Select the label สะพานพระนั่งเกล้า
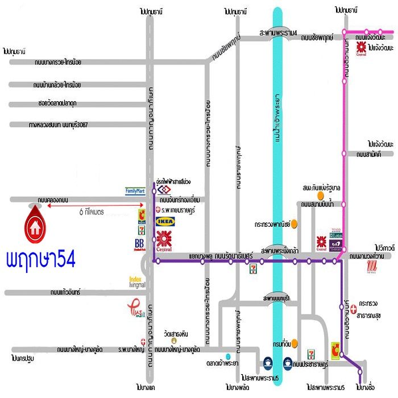(x=285, y=250)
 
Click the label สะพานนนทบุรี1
(x=277, y=298)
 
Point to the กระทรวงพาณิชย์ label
(x=268, y=223)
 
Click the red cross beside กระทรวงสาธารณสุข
(x=354, y=309)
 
